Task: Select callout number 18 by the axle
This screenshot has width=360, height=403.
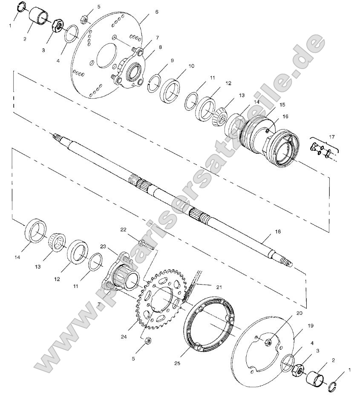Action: pyautogui.click(x=277, y=232)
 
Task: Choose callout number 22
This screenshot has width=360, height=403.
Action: pyautogui.click(x=124, y=230)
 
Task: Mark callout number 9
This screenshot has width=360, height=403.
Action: pyautogui.click(x=172, y=60)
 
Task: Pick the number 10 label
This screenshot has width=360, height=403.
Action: pyautogui.click(x=191, y=66)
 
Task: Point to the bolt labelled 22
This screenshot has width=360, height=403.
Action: pyautogui.click(x=146, y=245)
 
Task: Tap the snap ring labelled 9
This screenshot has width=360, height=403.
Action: pyautogui.click(x=156, y=82)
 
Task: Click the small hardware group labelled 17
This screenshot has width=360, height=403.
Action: pyautogui.click(x=322, y=151)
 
